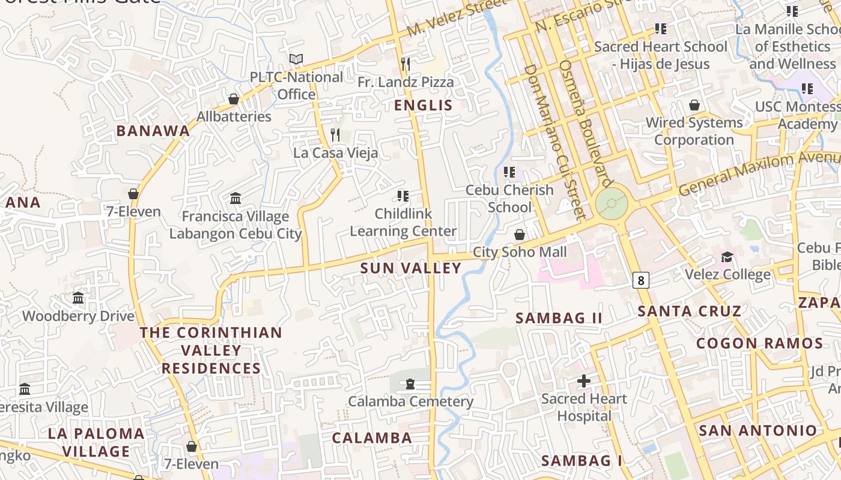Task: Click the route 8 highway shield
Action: [x=641, y=280]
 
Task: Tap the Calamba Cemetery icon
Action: [x=410, y=383]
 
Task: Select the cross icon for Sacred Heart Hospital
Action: [x=583, y=380]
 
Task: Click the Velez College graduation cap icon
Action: [x=727, y=257]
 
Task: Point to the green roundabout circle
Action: [x=612, y=204]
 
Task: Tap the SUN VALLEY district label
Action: [x=411, y=268]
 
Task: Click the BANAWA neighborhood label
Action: [x=153, y=131]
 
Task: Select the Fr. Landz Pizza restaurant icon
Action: [x=405, y=64]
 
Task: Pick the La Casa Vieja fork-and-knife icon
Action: [x=336, y=134]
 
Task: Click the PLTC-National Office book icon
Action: [x=296, y=59]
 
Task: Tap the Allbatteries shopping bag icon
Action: [x=234, y=98]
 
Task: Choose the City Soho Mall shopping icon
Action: [x=520, y=234]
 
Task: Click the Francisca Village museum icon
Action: [x=235, y=198]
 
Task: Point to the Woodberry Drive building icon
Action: [x=78, y=298]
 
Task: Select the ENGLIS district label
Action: [x=423, y=106]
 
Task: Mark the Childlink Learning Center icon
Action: [x=403, y=196]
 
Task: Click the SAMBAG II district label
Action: [x=559, y=318]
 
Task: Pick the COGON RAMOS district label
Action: [x=759, y=344]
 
